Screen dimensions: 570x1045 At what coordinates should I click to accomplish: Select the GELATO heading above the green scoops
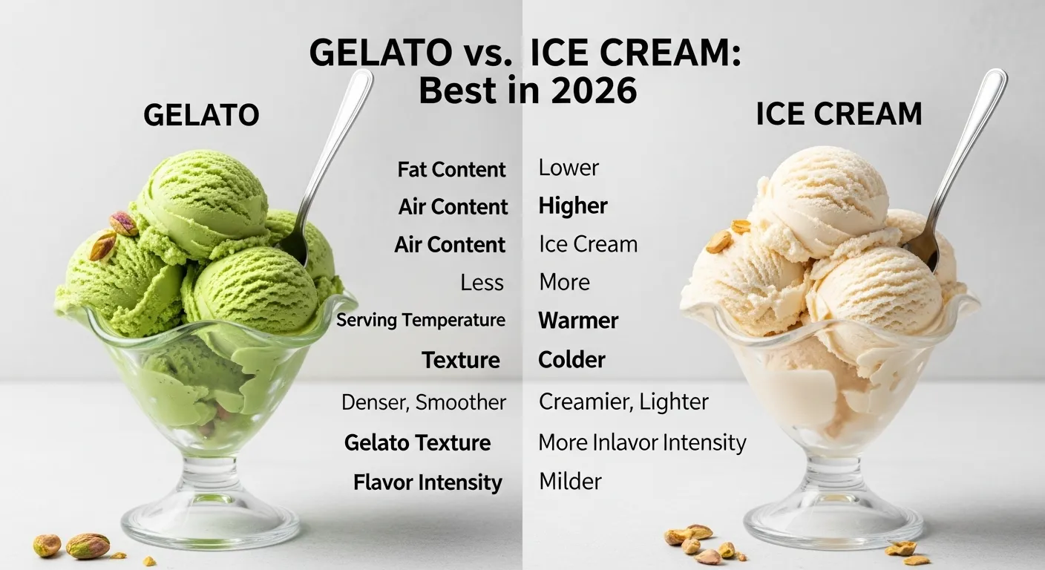point(201,115)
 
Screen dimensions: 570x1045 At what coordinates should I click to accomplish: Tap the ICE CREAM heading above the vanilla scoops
point(839,114)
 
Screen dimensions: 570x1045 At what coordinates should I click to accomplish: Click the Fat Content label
point(451,169)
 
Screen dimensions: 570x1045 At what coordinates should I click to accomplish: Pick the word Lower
point(569,168)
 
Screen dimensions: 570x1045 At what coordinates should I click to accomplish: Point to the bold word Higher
point(573,206)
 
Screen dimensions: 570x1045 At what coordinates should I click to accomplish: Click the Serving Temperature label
point(421,321)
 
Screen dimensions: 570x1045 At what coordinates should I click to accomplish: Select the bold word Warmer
point(578,321)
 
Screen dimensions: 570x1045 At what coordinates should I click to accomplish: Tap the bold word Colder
point(571,360)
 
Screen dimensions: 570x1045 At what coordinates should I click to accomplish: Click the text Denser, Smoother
point(424,402)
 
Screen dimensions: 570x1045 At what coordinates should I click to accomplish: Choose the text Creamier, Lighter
point(623,402)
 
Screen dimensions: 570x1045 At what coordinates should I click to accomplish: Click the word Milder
point(570,481)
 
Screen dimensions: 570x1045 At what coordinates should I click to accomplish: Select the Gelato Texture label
point(417,443)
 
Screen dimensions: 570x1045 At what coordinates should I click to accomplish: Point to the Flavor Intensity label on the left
point(427,482)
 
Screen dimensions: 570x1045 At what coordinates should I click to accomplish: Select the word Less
point(482,283)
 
